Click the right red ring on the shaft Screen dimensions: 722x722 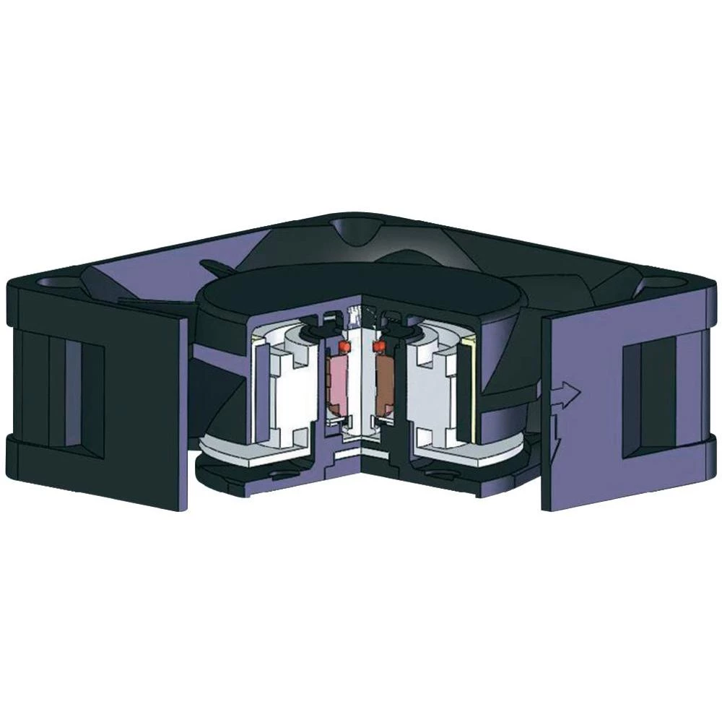376,348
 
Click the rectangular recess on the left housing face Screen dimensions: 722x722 79,390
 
